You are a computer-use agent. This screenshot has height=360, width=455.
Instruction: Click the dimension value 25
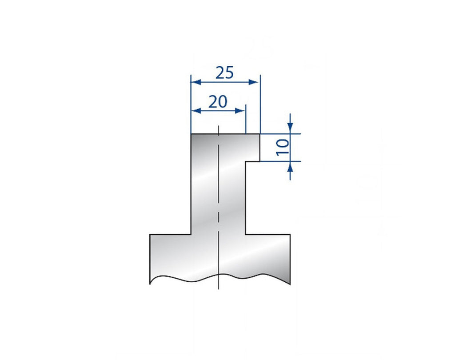click(224, 72)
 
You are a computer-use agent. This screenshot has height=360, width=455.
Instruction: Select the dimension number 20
click(218, 102)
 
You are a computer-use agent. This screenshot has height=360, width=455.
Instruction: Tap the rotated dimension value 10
click(283, 147)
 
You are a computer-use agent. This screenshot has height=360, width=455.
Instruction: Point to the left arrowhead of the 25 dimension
click(196, 82)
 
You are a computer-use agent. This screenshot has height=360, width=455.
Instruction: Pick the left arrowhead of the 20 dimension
click(196, 111)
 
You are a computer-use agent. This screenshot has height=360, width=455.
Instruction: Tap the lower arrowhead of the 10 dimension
click(290, 166)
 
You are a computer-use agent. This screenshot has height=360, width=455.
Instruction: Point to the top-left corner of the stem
click(191, 134)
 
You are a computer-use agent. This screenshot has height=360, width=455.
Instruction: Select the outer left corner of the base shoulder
click(150, 235)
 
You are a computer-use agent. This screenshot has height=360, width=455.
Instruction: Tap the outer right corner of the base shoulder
click(290, 235)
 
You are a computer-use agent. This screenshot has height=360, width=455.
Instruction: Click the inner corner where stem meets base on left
click(191, 234)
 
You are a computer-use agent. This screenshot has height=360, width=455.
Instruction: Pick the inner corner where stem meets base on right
click(246, 234)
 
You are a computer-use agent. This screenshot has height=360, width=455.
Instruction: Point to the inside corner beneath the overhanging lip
click(246, 161)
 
